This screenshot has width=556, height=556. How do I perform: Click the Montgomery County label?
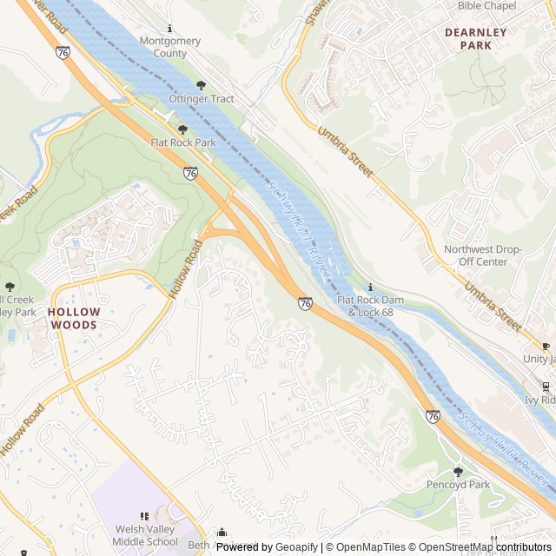pos(169,47)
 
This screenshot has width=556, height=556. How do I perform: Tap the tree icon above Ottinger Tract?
pos(202,85)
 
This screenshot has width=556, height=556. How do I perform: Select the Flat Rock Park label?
pos(182,142)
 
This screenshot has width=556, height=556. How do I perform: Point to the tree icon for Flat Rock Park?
pos(182,129)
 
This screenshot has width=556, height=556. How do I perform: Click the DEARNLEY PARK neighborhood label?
pos(474,38)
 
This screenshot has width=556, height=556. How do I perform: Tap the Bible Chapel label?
pos(486,6)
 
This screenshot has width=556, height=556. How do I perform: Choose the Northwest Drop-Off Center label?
pos(482,255)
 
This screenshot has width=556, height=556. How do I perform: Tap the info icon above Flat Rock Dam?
pos(371,287)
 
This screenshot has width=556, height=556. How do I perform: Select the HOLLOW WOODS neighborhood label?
pos(74,318)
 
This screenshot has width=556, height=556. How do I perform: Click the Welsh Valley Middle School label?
pos(145,535)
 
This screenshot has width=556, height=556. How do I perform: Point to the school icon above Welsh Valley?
pos(145,517)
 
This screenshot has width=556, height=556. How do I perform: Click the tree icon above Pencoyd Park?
pos(458,471)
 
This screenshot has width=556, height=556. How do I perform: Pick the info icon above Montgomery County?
pos(169,28)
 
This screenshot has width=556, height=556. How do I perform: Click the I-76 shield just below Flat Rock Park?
pos(190,174)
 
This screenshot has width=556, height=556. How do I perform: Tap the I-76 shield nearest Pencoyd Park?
pos(433,417)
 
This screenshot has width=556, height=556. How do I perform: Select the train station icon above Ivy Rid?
pos(546,387)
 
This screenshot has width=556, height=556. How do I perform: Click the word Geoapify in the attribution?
pos(297,547)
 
